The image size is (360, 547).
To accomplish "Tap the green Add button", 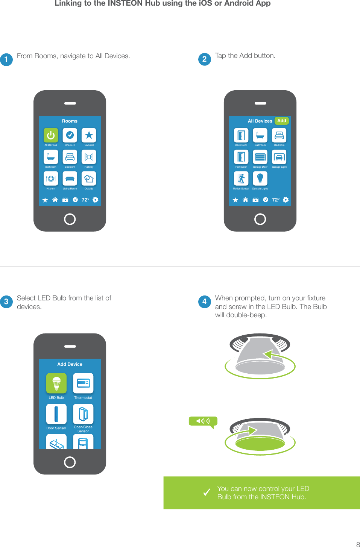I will [x=281, y=121].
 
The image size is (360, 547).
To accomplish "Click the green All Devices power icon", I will [x=51, y=135].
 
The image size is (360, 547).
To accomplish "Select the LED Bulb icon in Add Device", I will [x=56, y=383].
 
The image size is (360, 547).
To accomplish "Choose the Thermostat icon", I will [x=83, y=383].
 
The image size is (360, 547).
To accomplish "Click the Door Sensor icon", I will [x=56, y=414].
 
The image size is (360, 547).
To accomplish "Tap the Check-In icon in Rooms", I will [x=70, y=135].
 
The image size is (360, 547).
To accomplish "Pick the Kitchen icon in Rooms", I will [x=51, y=179].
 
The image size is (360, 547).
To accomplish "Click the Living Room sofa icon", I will [x=70, y=179].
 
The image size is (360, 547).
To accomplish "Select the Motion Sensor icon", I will [x=241, y=179].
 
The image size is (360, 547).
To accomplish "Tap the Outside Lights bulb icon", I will [x=260, y=179].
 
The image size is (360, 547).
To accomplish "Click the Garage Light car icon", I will [x=279, y=157].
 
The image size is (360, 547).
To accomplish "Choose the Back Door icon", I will [x=241, y=135].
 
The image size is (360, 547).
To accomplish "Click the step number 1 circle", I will [x=6, y=59].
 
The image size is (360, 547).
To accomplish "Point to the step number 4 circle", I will [x=204, y=302].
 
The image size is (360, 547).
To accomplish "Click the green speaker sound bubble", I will [x=203, y=421].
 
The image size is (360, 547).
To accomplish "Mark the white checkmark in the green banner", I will [x=207, y=492].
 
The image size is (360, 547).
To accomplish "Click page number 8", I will [x=358, y=544].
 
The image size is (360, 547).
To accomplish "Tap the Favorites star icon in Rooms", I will [x=89, y=135].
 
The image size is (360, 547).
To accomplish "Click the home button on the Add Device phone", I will [x=70, y=462].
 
